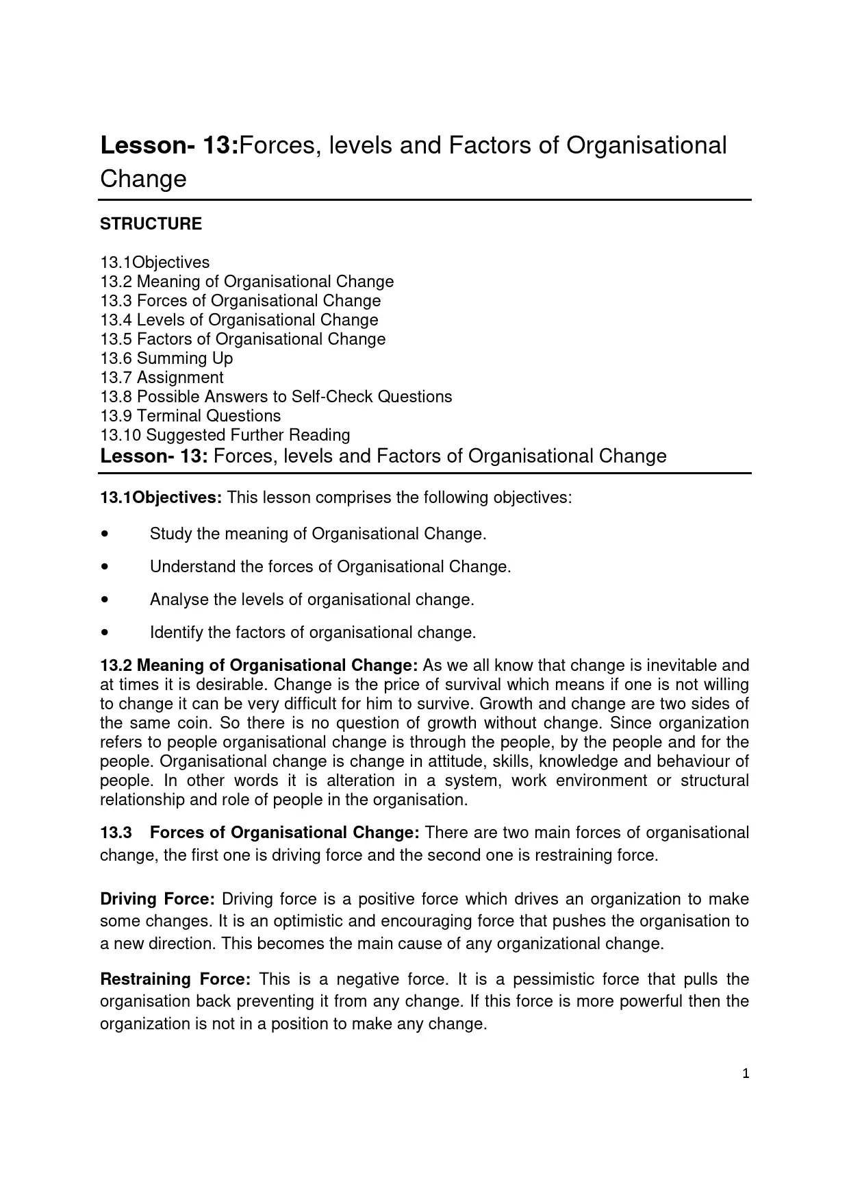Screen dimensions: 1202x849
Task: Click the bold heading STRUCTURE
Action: pyautogui.click(x=151, y=224)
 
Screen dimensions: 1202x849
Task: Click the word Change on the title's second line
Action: pyautogui.click(x=143, y=179)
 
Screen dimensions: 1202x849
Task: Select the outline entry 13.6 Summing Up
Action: pyautogui.click(x=166, y=358)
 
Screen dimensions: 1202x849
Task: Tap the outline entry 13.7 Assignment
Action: pyautogui.click(x=162, y=378)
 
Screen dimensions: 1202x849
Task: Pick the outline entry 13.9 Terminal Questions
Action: pyautogui.click(x=190, y=416)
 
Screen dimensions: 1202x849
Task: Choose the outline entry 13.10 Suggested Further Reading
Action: pyautogui.click(x=225, y=435)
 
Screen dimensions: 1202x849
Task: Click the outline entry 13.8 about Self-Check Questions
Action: pyautogui.click(x=276, y=397)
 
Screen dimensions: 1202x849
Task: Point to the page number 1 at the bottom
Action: pyautogui.click(x=746, y=1074)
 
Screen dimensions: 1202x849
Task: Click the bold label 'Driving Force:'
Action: pyautogui.click(x=157, y=899)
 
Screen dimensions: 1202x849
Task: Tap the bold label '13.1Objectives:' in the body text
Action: pyautogui.click(x=161, y=498)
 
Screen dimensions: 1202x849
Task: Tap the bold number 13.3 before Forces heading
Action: pyautogui.click(x=116, y=833)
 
